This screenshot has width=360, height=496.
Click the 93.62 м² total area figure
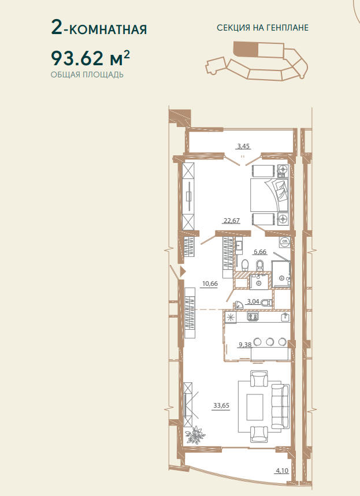(91, 58)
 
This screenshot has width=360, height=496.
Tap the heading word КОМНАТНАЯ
(108, 29)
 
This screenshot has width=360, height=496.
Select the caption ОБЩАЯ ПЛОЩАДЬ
(87, 75)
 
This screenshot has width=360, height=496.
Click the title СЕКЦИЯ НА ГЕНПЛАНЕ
(262, 28)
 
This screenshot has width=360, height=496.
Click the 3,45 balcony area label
(244, 147)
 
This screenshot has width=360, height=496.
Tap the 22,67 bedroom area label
(232, 221)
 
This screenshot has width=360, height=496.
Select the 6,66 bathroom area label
(260, 252)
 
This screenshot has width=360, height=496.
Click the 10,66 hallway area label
(210, 284)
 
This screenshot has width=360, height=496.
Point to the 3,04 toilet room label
(253, 302)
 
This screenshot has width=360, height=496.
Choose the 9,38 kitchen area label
(245, 345)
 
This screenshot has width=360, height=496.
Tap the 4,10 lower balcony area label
(282, 471)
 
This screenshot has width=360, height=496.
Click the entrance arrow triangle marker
(183, 271)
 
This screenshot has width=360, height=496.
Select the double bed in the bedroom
(269, 195)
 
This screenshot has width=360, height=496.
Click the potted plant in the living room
(194, 435)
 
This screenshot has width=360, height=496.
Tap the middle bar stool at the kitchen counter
(270, 342)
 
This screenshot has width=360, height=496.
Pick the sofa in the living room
(280, 406)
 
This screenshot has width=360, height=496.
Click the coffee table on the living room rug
(255, 407)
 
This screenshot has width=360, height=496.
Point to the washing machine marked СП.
(284, 242)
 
